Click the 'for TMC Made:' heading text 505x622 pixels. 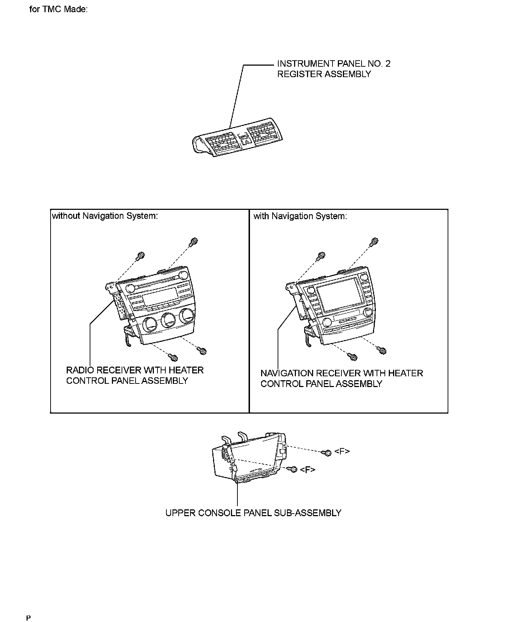tap(58, 9)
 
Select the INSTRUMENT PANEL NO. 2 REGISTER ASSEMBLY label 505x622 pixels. tap(334, 69)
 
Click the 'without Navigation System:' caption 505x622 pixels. tap(105, 216)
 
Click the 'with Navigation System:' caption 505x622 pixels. tap(300, 216)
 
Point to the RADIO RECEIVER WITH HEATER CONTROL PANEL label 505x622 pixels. tap(134, 375)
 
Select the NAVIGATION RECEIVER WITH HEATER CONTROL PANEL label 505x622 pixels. tap(341, 378)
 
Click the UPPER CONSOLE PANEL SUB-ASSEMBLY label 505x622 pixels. tap(253, 513)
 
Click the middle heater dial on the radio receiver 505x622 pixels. tap(167, 320)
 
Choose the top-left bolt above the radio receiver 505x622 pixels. tap(140, 256)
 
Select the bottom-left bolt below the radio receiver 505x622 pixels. tap(174, 357)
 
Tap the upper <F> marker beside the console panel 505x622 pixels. tap(342, 451)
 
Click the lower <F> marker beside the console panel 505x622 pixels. tap(308, 470)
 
